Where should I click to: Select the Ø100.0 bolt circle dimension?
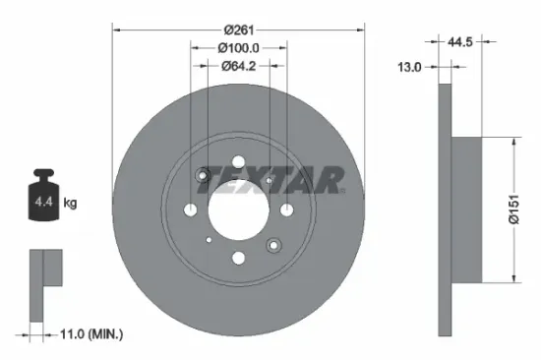click(x=237, y=47)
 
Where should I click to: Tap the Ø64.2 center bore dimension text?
click(x=237, y=66)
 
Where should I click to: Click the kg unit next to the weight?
click(x=70, y=203)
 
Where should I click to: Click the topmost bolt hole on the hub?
click(x=237, y=161)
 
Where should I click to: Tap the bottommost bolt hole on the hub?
click(x=237, y=259)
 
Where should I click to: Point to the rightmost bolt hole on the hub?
click(x=285, y=210)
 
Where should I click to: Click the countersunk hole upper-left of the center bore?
click(x=203, y=176)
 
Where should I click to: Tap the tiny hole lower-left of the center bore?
click(x=209, y=238)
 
